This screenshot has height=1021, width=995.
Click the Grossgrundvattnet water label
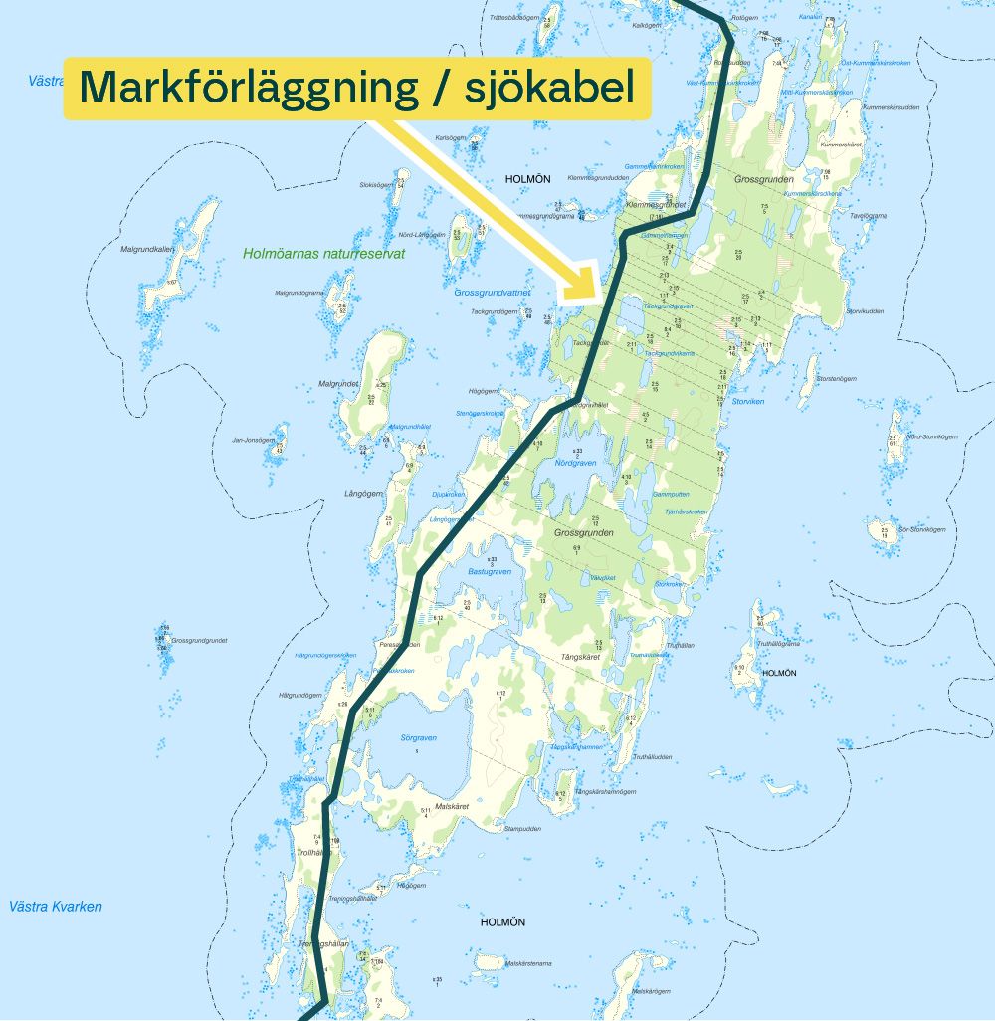493,293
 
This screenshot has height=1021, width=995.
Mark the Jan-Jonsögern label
251,440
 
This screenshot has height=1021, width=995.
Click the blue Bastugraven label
489,572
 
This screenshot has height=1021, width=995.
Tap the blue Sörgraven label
419,738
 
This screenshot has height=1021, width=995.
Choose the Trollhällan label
311,853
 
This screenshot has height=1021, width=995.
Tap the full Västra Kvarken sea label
55,907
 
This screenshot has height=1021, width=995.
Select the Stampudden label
522,828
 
